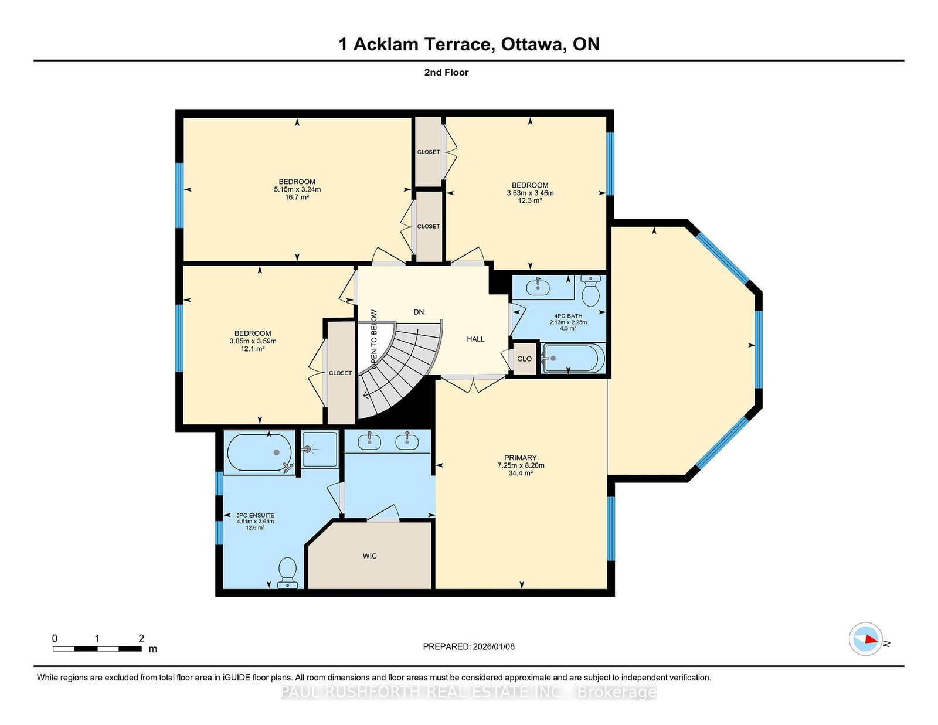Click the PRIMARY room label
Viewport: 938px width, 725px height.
[520, 457]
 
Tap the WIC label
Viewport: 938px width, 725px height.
[369, 556]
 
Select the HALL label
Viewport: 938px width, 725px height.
[475, 339]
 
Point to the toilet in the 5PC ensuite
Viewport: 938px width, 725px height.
[287, 572]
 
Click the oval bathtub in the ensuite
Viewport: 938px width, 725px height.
[259, 452]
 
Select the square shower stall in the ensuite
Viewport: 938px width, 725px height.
[320, 449]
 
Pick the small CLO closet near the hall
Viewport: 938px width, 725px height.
[525, 359]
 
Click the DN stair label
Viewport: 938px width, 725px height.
[419, 312]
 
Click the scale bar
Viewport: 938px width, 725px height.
[97, 649]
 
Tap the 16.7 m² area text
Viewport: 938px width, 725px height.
[297, 197]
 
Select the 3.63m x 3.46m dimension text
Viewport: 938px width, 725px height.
[530, 193]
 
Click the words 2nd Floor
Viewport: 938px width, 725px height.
[446, 73]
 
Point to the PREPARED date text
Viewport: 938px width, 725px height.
[469, 646]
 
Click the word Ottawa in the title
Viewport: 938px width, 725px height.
[533, 45]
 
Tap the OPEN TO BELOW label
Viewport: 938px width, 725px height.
[374, 339]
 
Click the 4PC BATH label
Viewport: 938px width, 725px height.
[568, 316]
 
